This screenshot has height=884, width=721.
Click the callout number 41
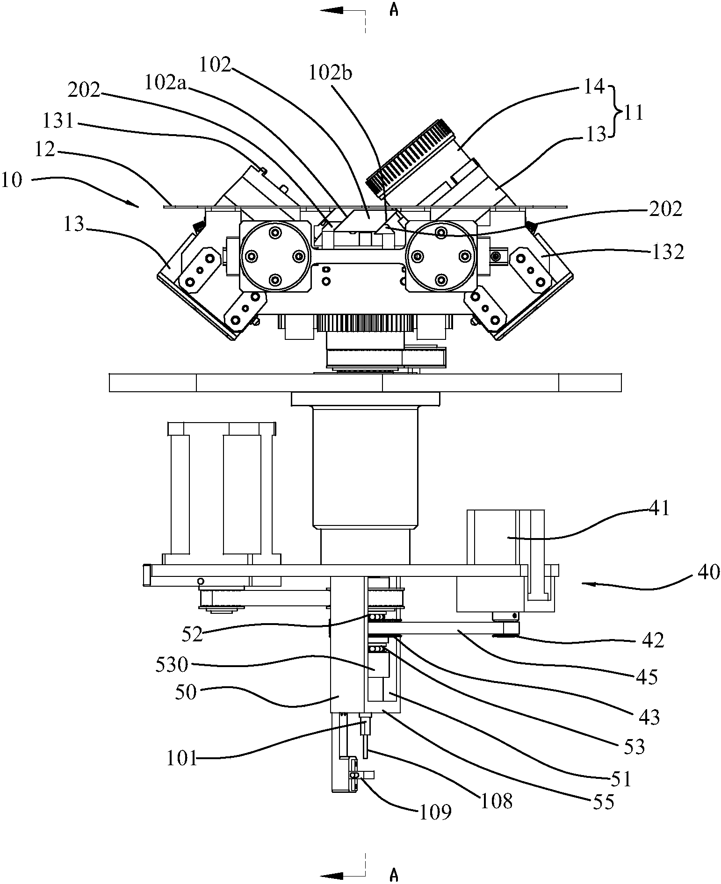(659, 508)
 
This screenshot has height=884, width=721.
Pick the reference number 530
(172, 664)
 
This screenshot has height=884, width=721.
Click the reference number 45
(647, 676)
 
